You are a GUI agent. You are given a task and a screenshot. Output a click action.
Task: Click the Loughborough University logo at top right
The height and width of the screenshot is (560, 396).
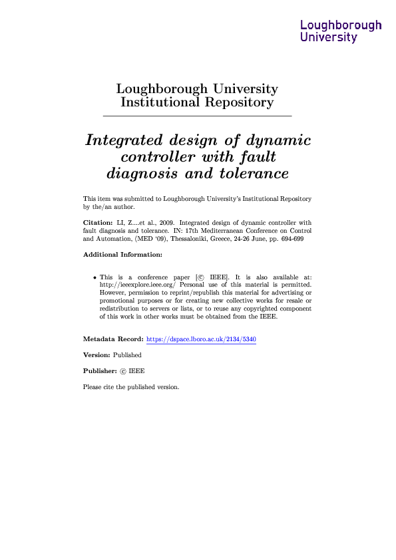point(341,31)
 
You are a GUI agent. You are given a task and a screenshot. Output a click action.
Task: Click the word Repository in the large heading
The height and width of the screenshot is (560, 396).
point(239,102)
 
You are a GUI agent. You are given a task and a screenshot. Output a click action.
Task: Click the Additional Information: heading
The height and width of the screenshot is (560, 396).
point(122,255)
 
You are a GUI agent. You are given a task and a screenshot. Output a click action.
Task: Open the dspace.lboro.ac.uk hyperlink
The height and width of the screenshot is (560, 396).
point(201,339)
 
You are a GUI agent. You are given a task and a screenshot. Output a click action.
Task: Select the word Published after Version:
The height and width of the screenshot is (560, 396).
point(127,355)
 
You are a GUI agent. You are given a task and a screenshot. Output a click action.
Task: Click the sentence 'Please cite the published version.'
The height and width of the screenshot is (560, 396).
point(131,387)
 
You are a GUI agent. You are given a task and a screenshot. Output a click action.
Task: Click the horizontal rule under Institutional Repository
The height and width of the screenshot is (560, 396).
point(198,117)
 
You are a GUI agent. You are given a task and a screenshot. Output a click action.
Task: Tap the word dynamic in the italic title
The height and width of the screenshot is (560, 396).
point(278,141)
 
